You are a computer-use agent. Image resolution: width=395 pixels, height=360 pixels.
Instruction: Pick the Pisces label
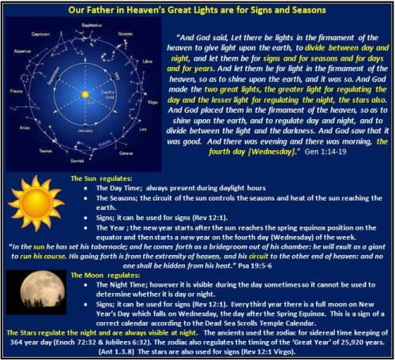tap(13, 100)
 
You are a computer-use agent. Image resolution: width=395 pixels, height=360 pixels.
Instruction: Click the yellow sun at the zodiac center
tap(85, 95)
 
